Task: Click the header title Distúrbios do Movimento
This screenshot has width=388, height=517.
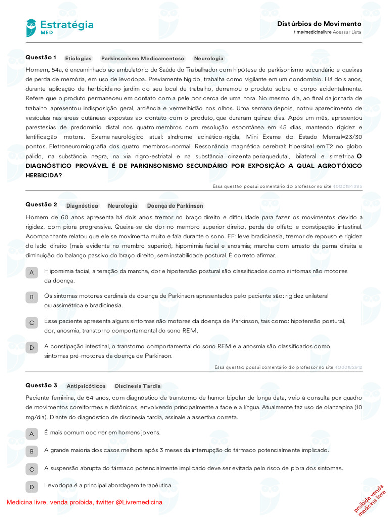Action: (x=319, y=24)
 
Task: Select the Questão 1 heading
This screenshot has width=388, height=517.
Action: (x=41, y=57)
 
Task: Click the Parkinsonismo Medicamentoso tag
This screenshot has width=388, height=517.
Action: (x=142, y=59)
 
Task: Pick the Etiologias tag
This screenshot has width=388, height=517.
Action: (x=78, y=59)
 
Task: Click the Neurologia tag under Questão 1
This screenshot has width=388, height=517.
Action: (x=209, y=59)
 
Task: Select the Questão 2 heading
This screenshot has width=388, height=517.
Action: (x=41, y=204)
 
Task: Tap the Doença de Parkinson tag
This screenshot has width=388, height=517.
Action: (x=175, y=206)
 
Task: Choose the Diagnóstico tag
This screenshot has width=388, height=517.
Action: (x=82, y=206)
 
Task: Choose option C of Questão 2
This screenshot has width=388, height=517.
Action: (x=32, y=323)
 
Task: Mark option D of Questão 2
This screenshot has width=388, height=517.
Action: (x=32, y=348)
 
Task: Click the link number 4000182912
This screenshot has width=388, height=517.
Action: (x=348, y=367)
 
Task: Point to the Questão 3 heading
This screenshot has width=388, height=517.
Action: (x=41, y=385)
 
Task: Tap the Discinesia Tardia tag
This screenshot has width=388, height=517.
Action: (x=137, y=386)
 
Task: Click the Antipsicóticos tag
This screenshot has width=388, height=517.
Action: (x=86, y=386)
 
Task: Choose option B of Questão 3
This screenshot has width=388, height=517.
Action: (x=32, y=451)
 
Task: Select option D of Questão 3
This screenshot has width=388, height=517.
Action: (x=32, y=487)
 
